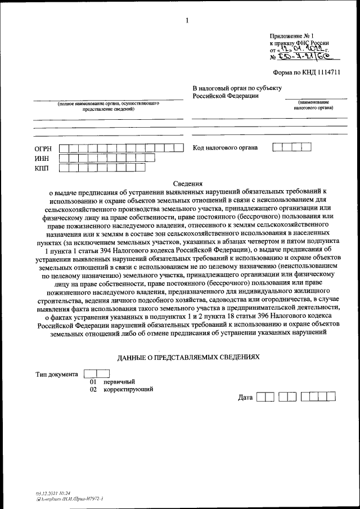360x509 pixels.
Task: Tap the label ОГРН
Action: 43,148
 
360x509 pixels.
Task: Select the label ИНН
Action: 43,158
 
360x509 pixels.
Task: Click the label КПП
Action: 43,168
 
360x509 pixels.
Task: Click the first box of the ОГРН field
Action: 65,148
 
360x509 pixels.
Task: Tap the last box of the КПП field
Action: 139,167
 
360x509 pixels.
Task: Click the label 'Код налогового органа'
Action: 225,147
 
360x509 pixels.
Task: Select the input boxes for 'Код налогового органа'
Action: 291,147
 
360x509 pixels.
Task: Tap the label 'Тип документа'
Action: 57,374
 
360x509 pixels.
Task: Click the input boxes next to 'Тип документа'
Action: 96,373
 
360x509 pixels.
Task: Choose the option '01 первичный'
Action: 112,382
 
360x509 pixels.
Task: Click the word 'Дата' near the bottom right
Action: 245,398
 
